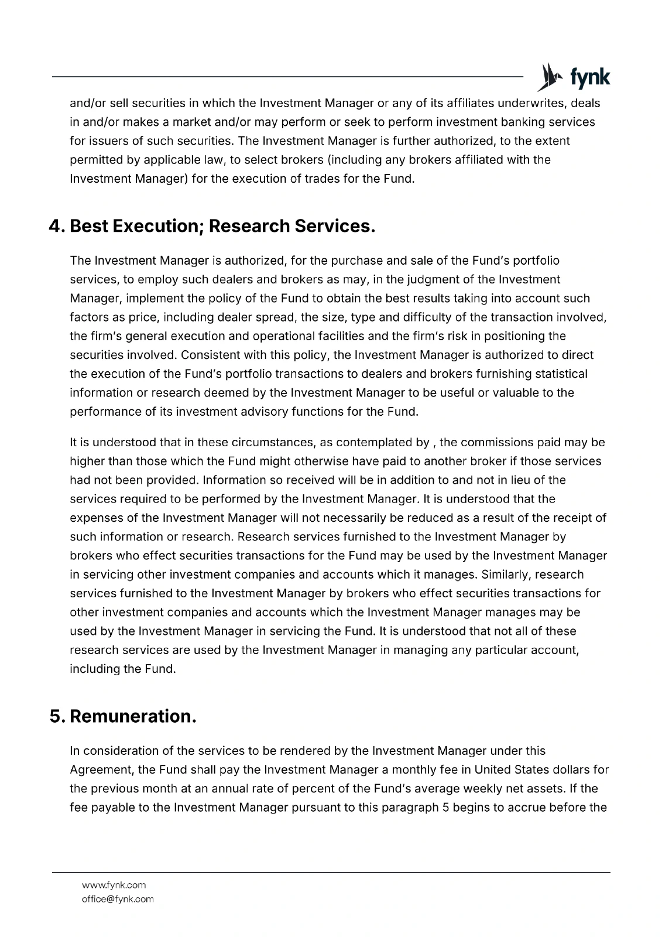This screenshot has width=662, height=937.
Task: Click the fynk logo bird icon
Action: click(x=548, y=77)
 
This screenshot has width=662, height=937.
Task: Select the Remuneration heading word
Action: click(x=133, y=716)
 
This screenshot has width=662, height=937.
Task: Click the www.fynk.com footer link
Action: click(x=114, y=885)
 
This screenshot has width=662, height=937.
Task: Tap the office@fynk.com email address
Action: click(x=118, y=899)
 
